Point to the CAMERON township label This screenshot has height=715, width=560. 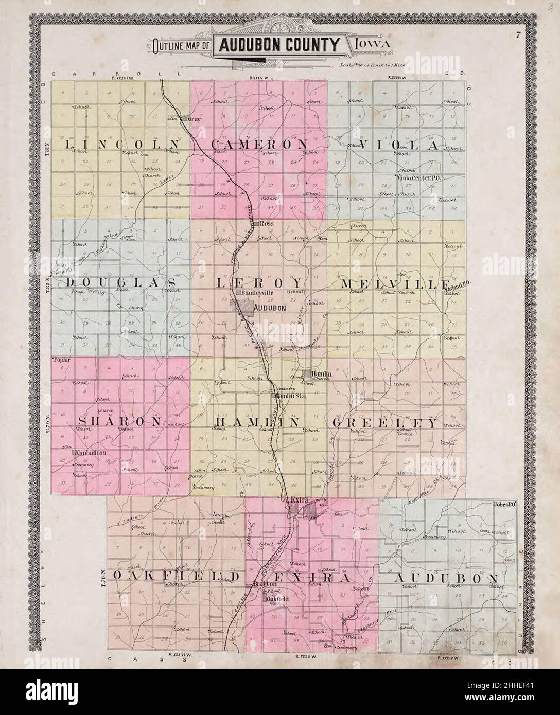(260, 145)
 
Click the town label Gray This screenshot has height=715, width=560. (194, 119)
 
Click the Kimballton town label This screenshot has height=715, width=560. (91, 453)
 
